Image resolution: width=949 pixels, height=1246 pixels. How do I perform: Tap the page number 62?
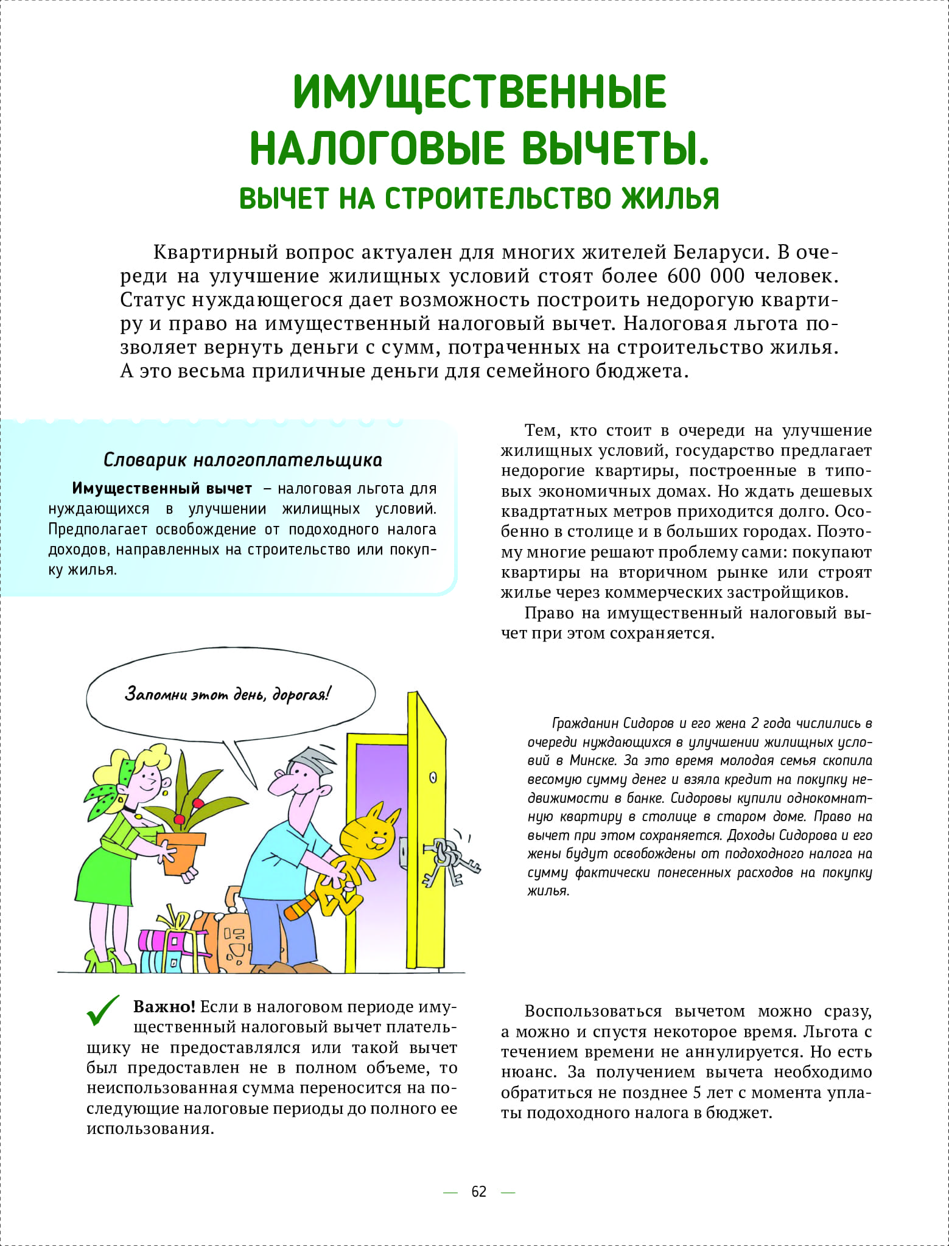479,1191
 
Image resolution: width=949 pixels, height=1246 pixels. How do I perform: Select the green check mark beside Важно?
103,1012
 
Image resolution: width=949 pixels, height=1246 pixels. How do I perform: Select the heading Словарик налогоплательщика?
243,460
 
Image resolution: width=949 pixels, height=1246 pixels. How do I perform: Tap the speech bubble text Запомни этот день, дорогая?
228,694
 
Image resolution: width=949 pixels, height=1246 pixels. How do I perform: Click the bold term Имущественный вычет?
162,488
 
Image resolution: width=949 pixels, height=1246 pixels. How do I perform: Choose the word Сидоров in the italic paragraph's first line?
645,723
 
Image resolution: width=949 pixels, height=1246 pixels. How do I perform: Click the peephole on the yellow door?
433,777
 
